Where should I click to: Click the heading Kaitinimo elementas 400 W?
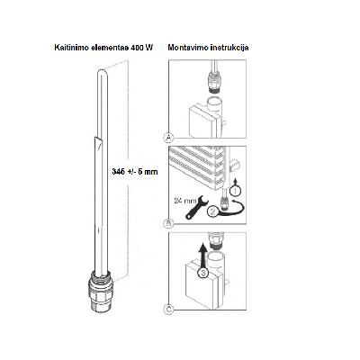click(103, 48)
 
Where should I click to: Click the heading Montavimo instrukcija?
click(208, 48)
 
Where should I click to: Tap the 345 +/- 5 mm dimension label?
click(135, 172)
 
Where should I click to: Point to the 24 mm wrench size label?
click(185, 201)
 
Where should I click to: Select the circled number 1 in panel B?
click(235, 190)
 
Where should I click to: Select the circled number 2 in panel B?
click(213, 211)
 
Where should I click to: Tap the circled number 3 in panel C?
click(203, 273)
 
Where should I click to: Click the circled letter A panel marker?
click(169, 138)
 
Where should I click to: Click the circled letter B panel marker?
click(169, 223)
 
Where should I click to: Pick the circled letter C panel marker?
click(169, 309)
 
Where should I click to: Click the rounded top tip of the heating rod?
click(101, 71)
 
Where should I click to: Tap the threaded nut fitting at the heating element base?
click(101, 291)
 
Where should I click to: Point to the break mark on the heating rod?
click(97, 141)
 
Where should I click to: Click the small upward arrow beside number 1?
click(236, 181)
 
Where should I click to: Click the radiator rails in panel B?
click(196, 166)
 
